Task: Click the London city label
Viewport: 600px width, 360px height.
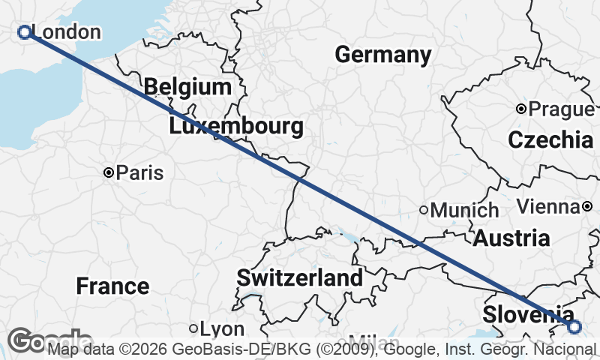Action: click(67, 32)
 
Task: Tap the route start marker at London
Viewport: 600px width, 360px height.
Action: click(24, 31)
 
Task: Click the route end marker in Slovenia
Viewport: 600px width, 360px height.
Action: click(574, 327)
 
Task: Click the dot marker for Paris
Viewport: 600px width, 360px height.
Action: click(109, 172)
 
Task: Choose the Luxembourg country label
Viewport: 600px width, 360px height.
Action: click(236, 126)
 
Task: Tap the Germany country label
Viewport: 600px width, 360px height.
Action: click(382, 55)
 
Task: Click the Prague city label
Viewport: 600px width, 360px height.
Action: click(561, 109)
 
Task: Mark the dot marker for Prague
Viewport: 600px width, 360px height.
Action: click(521, 109)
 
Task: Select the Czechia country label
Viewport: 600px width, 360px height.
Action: click(550, 139)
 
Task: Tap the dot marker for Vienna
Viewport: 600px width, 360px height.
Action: click(587, 206)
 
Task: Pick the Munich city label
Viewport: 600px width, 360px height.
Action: click(464, 211)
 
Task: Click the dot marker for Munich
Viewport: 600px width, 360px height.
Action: click(424, 210)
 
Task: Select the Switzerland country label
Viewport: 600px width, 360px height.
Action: click(299, 277)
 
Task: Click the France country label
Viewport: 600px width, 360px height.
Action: click(112, 286)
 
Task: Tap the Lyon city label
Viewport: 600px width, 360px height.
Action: click(223, 329)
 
